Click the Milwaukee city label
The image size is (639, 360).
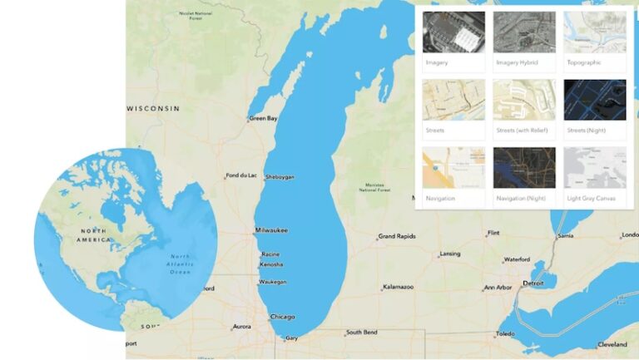272,229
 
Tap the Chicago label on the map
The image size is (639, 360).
283,317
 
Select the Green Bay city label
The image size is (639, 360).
265,119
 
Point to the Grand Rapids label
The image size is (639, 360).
397,237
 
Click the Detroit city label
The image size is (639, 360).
532,284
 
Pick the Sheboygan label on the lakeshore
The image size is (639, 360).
280,177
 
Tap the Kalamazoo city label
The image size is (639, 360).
399,288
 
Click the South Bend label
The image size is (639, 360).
362,333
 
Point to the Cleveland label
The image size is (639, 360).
612,344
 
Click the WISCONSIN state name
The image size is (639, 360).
153,109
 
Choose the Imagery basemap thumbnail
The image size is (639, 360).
453,32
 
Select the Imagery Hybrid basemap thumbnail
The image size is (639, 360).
524,32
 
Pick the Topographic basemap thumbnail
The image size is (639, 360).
595,32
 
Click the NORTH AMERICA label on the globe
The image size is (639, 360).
94,234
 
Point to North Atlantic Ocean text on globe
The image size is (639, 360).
179,264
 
